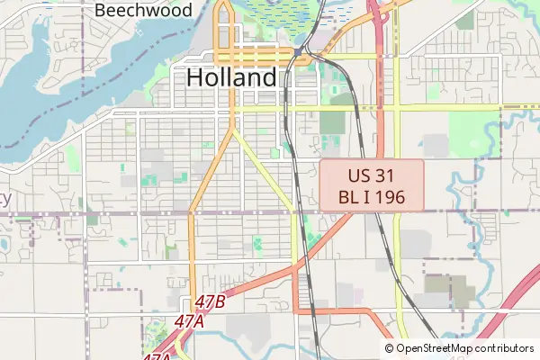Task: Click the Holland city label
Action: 231,78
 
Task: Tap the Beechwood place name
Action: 143,11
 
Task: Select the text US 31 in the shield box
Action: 372,175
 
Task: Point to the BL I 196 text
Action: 372,197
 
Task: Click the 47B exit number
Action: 209,302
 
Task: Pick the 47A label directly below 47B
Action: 190,320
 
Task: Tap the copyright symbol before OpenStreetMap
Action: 390,348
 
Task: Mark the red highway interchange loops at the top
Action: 382,13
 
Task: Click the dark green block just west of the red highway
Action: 335,122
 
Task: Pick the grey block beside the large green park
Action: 436,144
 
